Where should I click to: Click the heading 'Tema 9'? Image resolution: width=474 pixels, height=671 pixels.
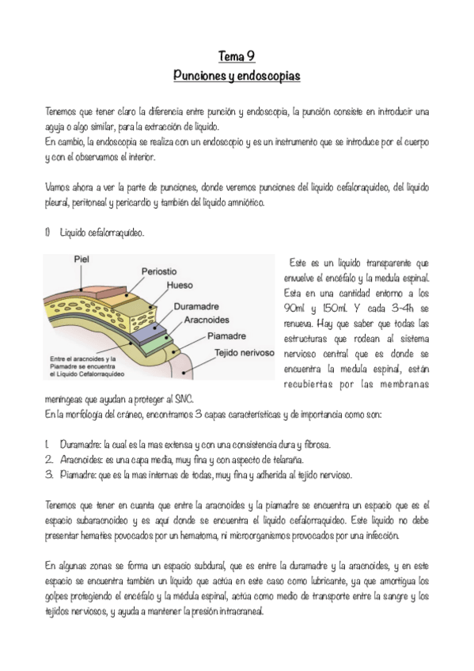click(237, 56)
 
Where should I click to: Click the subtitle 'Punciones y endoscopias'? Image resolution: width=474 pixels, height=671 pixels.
click(237, 76)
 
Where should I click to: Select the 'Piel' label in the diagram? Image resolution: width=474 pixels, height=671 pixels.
click(82, 258)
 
